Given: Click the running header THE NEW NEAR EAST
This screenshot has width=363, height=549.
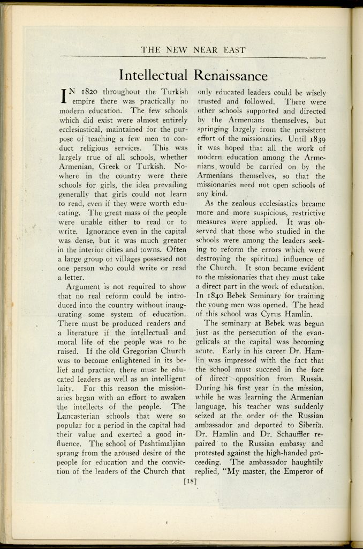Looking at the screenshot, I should coord(193,50).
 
